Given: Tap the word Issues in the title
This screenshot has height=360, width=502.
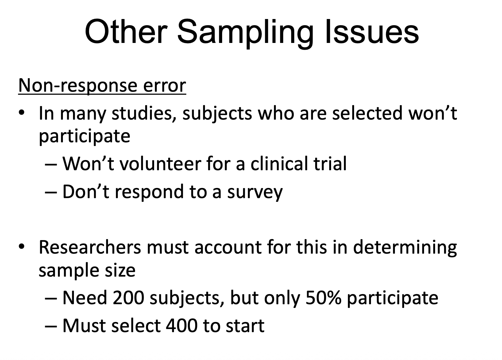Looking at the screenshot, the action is (x=372, y=31).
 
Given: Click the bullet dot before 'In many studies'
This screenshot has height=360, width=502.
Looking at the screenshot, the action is (x=21, y=113).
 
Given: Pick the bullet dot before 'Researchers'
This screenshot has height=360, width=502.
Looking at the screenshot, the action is (x=21, y=247).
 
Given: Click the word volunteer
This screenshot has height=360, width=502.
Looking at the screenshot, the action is (x=160, y=163).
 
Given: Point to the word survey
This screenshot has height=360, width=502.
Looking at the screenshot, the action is (x=255, y=193).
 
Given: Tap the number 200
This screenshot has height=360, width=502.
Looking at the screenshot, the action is (x=128, y=298).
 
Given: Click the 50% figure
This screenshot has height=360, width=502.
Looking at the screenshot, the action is (x=323, y=298).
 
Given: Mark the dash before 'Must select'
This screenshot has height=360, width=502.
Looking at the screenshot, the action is (x=51, y=326).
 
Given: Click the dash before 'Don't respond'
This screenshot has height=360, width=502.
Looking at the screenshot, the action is (x=51, y=192).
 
